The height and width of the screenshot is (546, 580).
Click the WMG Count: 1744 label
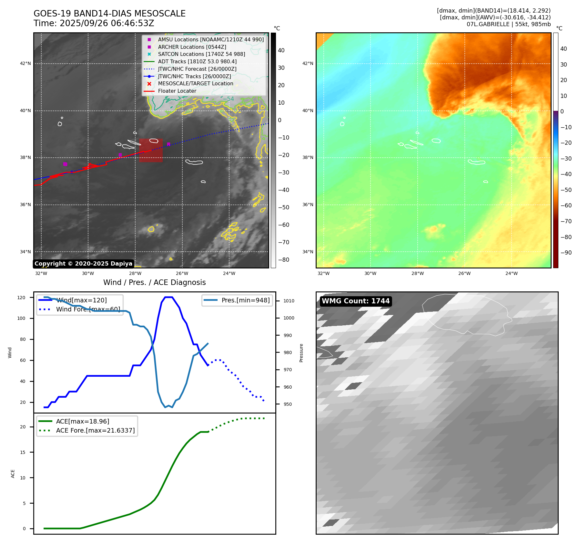click(x=356, y=301)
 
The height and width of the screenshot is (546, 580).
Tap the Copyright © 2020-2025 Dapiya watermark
click(x=83, y=264)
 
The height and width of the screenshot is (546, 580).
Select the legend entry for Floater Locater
click(x=177, y=91)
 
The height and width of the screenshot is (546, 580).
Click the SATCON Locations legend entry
click(x=201, y=54)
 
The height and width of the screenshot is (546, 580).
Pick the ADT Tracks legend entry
click(x=197, y=61)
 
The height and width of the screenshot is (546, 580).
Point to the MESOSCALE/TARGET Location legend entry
click(x=195, y=84)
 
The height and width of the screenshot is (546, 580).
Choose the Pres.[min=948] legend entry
click(x=245, y=300)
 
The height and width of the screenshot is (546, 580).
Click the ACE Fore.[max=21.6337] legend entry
click(x=95, y=430)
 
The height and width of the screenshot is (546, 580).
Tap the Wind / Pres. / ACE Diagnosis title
click(x=154, y=282)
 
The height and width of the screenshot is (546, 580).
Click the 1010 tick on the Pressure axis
click(x=289, y=301)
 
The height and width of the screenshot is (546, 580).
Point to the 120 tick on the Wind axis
click(x=21, y=298)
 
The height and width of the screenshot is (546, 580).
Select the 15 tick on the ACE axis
click(x=23, y=452)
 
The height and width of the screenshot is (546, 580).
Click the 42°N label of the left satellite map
click(x=25, y=63)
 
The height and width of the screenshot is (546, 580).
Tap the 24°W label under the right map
click(x=511, y=273)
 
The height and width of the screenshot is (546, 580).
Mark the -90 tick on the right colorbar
click(x=566, y=253)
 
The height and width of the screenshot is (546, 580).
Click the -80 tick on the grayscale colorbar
click(x=284, y=260)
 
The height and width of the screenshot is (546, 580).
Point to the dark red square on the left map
click(x=151, y=150)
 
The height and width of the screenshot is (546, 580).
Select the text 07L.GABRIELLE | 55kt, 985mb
click(x=508, y=24)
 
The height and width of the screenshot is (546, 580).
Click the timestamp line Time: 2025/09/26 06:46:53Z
click(x=94, y=23)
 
